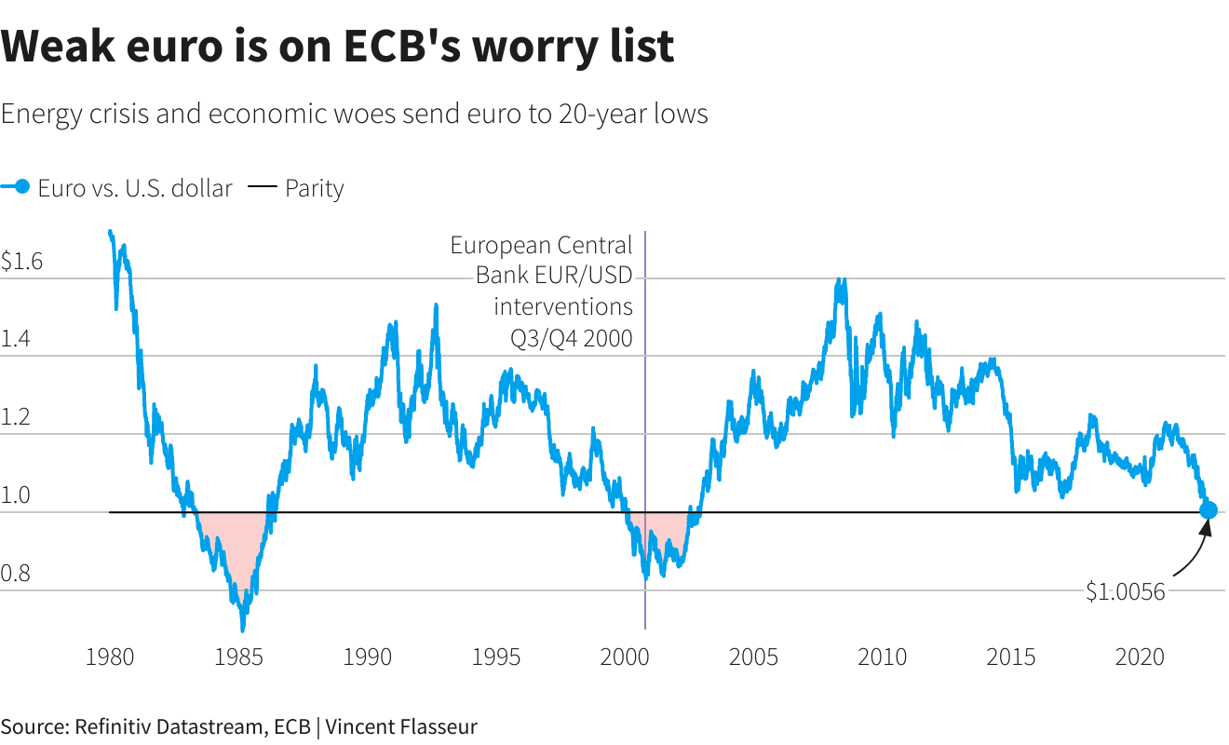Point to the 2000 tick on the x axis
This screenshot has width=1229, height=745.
click(x=625, y=657)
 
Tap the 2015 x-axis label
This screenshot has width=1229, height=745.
click(x=1011, y=657)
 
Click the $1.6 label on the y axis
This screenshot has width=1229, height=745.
click(x=21, y=262)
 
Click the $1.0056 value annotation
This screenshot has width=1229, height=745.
click(x=1126, y=591)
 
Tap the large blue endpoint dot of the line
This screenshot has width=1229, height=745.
click(x=1209, y=510)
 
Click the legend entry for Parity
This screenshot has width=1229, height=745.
click(x=314, y=188)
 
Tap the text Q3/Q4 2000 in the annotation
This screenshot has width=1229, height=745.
click(x=572, y=339)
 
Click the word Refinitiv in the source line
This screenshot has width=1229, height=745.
click(x=110, y=727)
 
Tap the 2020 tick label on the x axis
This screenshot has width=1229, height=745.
click(x=1140, y=657)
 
